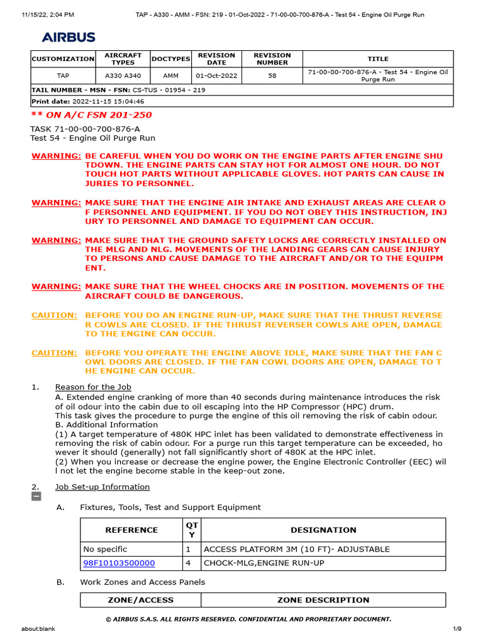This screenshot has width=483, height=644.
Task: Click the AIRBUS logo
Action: (69, 37)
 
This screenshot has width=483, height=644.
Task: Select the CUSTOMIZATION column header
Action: (63, 58)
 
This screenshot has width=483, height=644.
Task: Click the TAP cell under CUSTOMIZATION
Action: (63, 76)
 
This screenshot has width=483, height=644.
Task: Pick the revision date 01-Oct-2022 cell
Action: (216, 76)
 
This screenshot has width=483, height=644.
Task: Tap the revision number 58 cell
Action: (272, 76)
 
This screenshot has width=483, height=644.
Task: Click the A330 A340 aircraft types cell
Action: (123, 76)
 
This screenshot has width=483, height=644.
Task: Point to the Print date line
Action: (88, 101)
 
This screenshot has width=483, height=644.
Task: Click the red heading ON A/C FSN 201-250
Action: (92, 115)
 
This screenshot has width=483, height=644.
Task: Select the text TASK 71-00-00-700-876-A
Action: (85, 128)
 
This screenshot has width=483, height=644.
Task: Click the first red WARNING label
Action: (56, 155)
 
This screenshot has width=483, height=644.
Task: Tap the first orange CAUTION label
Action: (54, 315)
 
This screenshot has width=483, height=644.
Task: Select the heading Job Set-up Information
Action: (103, 487)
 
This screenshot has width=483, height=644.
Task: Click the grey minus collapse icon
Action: (36, 497)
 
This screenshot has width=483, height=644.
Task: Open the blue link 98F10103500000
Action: (119, 563)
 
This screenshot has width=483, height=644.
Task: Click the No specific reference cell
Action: (104, 549)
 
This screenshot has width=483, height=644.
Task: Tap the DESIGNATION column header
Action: (323, 530)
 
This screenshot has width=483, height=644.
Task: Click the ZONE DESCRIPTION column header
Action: (323, 600)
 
